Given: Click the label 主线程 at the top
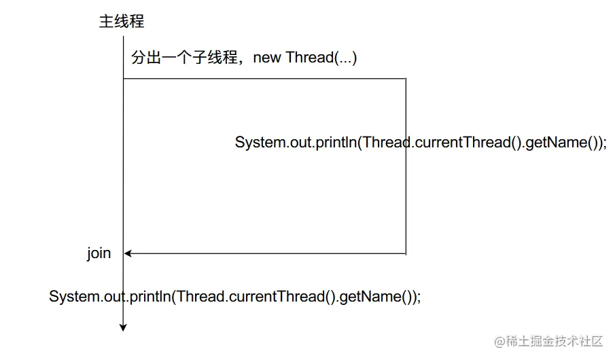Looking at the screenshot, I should pos(122,22).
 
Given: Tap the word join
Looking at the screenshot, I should pos(99,253).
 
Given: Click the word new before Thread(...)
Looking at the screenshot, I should pos(267,58).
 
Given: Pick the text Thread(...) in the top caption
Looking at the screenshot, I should pos(321,58).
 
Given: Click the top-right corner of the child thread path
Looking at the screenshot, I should pos(406,79).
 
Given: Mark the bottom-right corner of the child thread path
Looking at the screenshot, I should pos(406,254).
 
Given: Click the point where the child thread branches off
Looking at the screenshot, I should pos(123,79).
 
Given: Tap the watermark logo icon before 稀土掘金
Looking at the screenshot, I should pos(499,341).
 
